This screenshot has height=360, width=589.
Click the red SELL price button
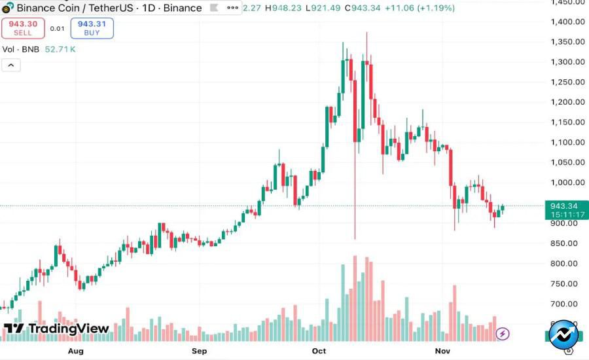[x=23, y=27]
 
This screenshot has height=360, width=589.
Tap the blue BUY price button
[x=92, y=27]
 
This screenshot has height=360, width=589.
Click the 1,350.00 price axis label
[x=567, y=42]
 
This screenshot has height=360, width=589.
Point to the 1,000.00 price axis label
[x=567, y=183]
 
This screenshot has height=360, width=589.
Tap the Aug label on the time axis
[x=76, y=351]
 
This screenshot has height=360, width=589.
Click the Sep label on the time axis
[x=200, y=351]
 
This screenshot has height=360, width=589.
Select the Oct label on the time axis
[x=319, y=351]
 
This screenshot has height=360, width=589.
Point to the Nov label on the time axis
[x=443, y=351]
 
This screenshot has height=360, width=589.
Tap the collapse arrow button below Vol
[x=12, y=65]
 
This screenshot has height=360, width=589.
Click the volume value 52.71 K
[x=60, y=49]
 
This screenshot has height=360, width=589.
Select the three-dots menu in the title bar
[x=233, y=8]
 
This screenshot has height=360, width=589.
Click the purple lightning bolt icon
[x=502, y=334]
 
